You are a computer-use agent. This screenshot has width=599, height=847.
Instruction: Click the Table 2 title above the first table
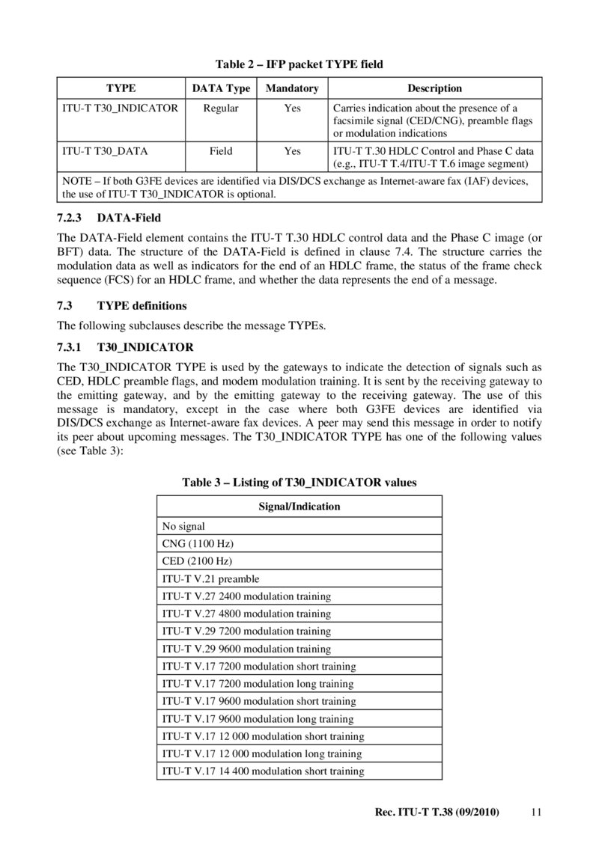tap(299, 64)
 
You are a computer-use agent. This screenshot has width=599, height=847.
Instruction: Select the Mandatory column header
tap(292, 88)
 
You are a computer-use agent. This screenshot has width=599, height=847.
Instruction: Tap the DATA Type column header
tap(221, 88)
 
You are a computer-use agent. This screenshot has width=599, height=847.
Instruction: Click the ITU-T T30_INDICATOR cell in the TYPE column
tap(120, 108)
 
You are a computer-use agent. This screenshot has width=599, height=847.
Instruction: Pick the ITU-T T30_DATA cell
tap(105, 151)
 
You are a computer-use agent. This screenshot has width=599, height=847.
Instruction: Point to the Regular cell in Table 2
tap(221, 108)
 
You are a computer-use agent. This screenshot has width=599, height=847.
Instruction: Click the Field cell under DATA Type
tap(221, 151)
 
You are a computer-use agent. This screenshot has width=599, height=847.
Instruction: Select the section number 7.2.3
tap(73, 218)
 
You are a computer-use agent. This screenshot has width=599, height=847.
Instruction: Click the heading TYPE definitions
tap(142, 306)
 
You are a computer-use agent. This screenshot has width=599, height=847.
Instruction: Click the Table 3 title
tap(299, 483)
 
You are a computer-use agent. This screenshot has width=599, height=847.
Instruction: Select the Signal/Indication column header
tap(299, 507)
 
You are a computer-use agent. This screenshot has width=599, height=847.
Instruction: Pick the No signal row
tap(183, 527)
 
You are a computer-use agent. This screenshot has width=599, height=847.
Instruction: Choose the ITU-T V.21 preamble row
tap(210, 578)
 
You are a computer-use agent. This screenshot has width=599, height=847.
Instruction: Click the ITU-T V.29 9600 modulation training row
tap(246, 649)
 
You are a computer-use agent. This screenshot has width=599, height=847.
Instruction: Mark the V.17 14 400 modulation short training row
tap(263, 771)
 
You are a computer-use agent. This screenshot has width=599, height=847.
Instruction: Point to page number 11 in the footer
tap(535, 812)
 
